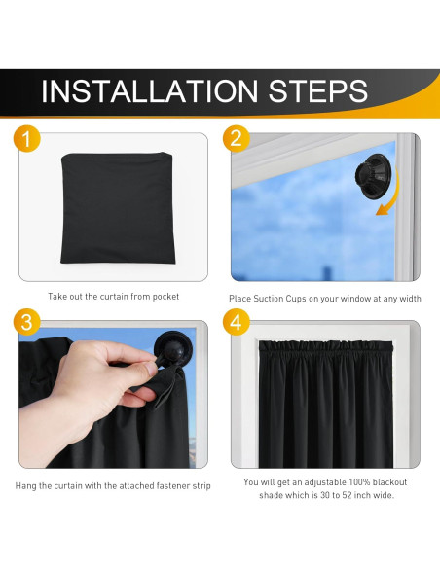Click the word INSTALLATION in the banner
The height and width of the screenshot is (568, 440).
tap(150, 90)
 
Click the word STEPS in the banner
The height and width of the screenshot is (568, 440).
tap(318, 90)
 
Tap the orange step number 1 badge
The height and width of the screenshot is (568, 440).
tap(26, 139)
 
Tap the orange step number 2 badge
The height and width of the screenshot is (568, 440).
tap(236, 139)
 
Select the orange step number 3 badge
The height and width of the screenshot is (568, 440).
tap(26, 322)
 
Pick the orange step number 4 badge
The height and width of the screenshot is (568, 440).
tap(236, 322)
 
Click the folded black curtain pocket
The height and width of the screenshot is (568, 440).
tap(118, 208)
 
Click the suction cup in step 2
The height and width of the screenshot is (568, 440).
tap(372, 177)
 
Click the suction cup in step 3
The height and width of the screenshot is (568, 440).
tap(173, 348)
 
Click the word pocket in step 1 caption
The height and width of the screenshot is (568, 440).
tap(165, 297)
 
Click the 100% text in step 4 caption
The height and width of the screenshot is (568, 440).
tap(359, 482)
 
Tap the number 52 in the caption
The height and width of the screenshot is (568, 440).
tap(347, 495)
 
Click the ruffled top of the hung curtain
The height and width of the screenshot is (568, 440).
tap(325, 347)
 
